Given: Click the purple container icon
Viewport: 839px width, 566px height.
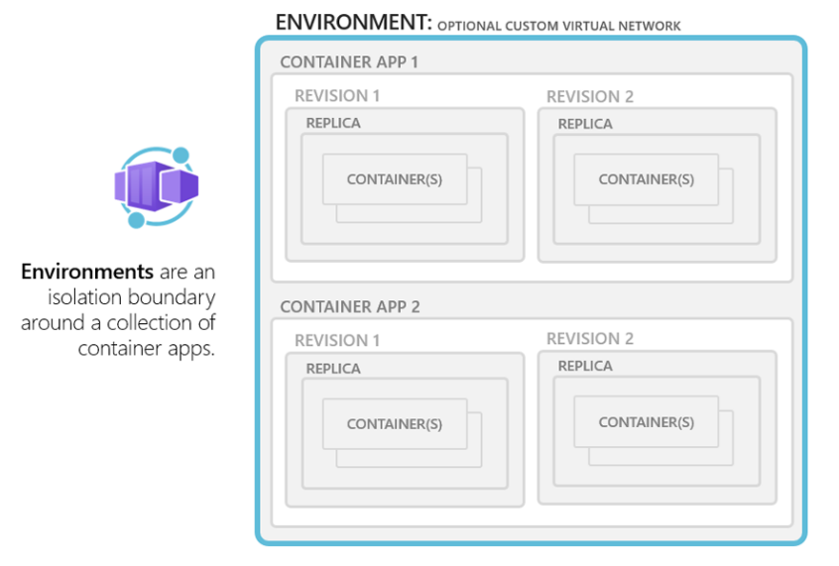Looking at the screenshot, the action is click(157, 186).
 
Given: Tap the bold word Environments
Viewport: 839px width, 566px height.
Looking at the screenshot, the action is click(87, 272).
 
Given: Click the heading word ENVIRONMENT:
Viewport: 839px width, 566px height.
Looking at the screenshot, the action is click(353, 23).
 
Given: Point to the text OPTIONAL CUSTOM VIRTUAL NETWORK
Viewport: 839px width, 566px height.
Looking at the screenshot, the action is click(559, 26).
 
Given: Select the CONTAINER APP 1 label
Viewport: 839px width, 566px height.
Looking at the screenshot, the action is click(349, 62).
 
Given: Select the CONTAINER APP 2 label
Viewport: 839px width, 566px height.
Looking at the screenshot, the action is click(350, 306).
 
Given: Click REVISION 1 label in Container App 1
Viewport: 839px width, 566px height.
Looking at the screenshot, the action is click(337, 96).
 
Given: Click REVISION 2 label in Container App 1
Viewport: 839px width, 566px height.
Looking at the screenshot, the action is click(590, 96).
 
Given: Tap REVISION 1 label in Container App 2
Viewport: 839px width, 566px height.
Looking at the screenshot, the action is click(337, 340).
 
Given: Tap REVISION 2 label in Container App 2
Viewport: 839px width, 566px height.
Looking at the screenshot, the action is click(590, 339).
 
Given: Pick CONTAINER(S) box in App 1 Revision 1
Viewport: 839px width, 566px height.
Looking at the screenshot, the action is click(395, 179).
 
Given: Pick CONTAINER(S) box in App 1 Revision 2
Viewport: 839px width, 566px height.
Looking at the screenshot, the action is click(647, 179).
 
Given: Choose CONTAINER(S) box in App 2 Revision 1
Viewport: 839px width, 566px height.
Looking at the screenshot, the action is click(395, 423).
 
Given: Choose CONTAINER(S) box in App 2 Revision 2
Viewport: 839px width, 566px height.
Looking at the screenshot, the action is click(647, 422).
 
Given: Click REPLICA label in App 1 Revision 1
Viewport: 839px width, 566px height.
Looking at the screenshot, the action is click(333, 123).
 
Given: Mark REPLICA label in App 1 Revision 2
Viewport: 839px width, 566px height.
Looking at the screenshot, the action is click(585, 124).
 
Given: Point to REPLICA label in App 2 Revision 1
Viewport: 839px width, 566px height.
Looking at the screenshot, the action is click(333, 369).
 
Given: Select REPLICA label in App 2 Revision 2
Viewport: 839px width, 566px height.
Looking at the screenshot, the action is click(585, 366).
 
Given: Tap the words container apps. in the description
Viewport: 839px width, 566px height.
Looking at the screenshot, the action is click(146, 349).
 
